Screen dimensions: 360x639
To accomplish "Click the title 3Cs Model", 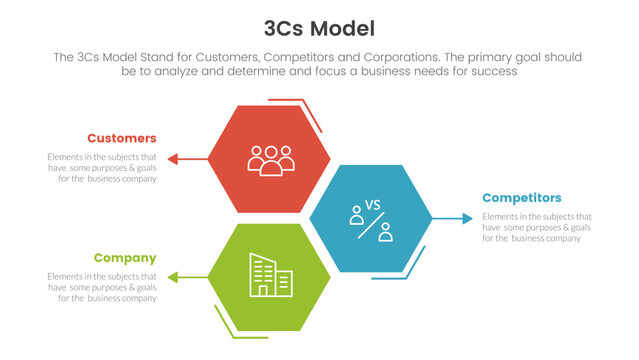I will [x=320, y=27].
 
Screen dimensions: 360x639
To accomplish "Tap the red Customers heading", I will [x=121, y=138].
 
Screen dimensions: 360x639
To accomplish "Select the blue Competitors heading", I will [x=521, y=198].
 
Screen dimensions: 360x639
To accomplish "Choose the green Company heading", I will [x=126, y=258].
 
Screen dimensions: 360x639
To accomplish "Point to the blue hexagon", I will [x=370, y=218].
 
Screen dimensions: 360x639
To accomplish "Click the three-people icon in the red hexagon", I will [x=271, y=160].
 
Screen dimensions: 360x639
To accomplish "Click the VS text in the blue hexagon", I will [x=373, y=204].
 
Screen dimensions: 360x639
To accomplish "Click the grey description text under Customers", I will [x=103, y=168].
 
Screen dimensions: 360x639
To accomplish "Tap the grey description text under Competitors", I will [x=537, y=228].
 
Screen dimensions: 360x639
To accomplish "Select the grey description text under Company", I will [x=103, y=288].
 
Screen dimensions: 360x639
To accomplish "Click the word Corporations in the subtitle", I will [x=404, y=58].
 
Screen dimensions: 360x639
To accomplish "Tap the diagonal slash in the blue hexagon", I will [x=370, y=225].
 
